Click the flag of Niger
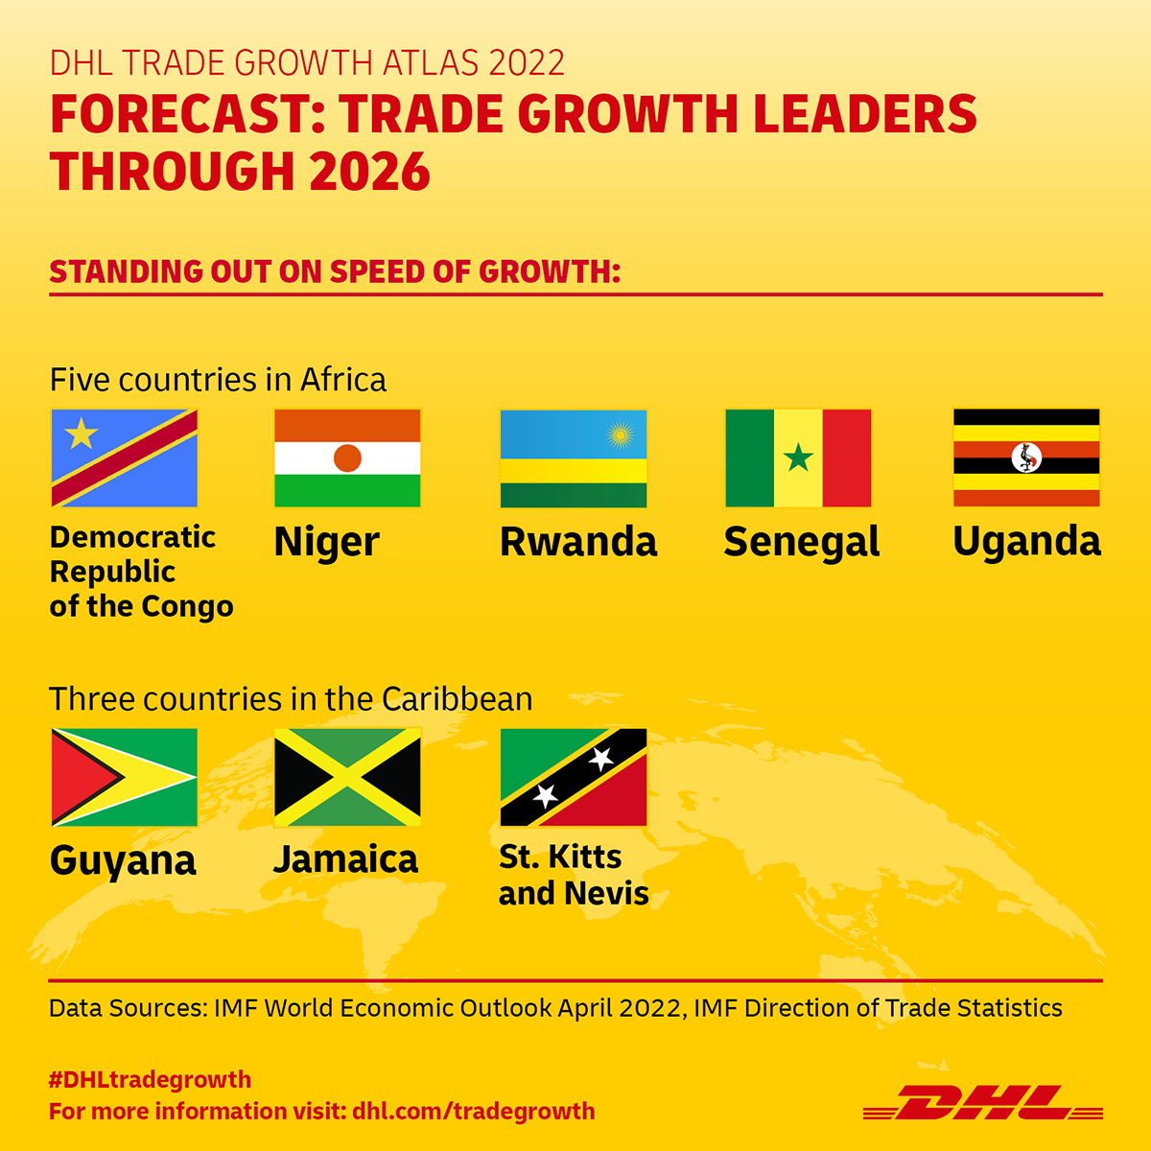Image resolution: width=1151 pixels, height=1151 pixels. coord(347,458)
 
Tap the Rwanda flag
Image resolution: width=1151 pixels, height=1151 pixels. coord(574,458)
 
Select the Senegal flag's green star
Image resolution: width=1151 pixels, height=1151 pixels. coord(798,458)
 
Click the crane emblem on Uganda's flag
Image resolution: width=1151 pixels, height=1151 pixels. coord(1026,458)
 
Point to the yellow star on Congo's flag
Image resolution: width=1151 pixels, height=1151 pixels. coord(82,433)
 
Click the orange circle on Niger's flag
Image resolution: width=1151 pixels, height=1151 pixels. coord(347,458)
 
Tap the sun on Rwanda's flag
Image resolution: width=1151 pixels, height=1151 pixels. coord(620,435)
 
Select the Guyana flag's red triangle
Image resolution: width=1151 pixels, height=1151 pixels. coord(81,777)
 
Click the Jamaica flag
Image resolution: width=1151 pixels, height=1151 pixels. coord(347,777)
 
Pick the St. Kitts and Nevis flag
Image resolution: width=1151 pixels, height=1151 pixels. coord(574,777)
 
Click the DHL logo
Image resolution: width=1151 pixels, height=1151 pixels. coord(982,1111)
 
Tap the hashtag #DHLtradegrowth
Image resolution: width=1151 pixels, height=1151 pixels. coord(150,1079)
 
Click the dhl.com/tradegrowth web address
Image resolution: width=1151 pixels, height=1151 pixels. coord(474,1112)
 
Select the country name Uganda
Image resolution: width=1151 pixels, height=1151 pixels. coord(1026,542)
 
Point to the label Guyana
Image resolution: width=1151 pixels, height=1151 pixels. coord(123,861)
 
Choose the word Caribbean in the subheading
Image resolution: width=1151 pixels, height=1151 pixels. coord(457,699)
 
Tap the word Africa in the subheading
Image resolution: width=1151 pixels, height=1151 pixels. coord(343,380)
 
